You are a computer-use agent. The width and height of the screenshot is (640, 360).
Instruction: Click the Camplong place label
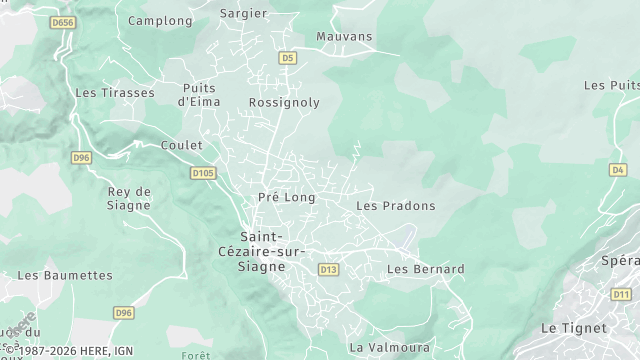click(x=160, y=20)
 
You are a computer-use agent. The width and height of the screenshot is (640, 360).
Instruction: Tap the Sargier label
click(x=243, y=14)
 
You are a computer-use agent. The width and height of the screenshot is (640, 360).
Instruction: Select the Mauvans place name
click(x=343, y=37)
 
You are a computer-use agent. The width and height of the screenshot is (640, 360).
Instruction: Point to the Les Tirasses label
click(x=115, y=93)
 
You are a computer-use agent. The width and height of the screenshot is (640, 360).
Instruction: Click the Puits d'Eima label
click(x=198, y=95)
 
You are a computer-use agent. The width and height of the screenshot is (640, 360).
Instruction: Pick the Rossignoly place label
click(x=284, y=103)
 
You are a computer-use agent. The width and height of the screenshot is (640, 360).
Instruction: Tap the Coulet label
click(x=181, y=146)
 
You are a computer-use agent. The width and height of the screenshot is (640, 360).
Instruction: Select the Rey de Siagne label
click(x=128, y=198)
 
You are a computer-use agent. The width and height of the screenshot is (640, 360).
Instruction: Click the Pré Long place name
click(x=286, y=198)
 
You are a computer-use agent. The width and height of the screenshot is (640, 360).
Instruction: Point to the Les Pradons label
click(x=396, y=206)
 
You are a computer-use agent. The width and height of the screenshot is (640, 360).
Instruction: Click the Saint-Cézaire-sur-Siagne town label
click(x=262, y=252)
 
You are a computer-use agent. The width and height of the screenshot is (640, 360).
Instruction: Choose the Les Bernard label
click(x=425, y=269)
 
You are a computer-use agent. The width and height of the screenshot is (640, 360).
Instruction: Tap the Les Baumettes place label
click(x=65, y=275)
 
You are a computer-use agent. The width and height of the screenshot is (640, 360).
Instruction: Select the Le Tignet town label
click(x=573, y=328)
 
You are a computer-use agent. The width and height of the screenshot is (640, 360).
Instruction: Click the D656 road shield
click(x=62, y=22)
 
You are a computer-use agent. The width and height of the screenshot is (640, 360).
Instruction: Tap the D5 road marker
click(x=288, y=59)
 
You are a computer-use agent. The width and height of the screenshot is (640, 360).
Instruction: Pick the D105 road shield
click(x=203, y=173)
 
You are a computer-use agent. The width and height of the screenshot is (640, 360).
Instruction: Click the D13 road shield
click(x=328, y=269)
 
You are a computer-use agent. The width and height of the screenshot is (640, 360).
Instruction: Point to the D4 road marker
click(x=617, y=170)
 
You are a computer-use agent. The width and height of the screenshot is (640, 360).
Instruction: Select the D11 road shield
click(x=622, y=293)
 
